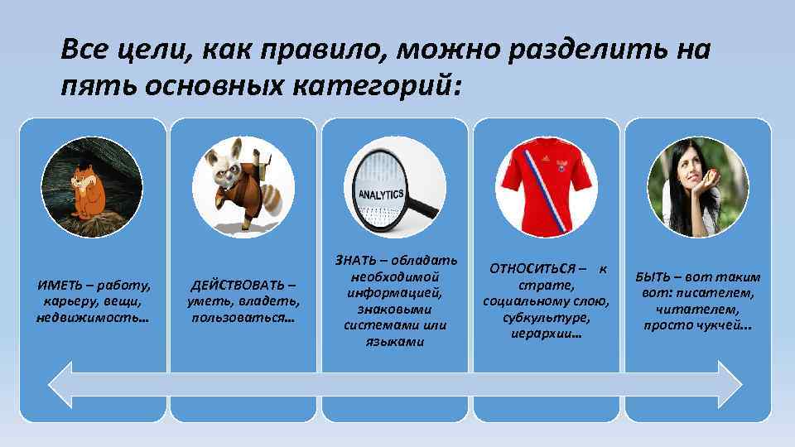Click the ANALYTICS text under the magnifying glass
[x=380, y=195]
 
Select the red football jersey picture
[x=546, y=187]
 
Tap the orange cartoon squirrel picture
[x=83, y=190]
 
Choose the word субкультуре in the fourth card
[x=546, y=317]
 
